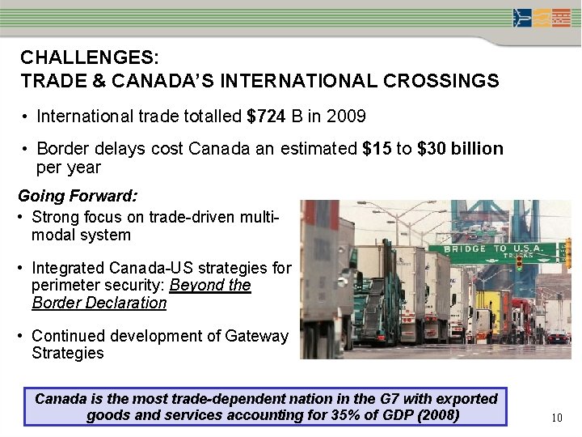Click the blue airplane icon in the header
523,18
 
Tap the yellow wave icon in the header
541,18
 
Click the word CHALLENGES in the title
89,58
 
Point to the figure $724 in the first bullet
266,117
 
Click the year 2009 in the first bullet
347,117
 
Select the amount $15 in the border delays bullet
377,149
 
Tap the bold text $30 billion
460,149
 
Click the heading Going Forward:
78,196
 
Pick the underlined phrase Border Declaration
99,303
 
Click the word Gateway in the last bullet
259,336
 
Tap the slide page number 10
556,418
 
